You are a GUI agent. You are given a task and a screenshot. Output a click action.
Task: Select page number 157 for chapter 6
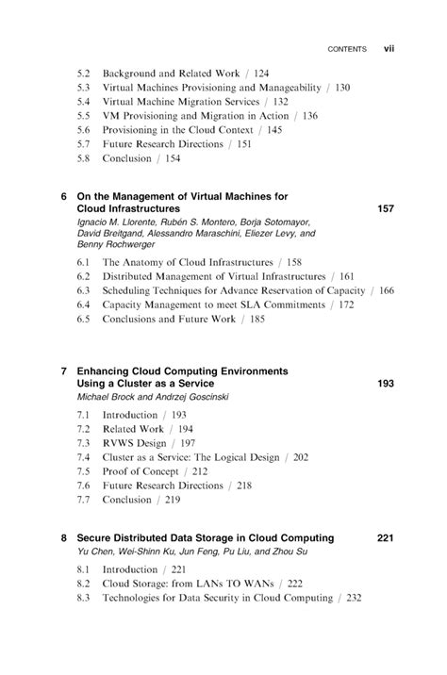(385, 208)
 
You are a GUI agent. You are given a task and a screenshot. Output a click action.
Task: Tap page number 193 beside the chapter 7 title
(385, 384)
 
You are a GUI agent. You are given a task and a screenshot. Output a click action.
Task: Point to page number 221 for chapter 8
(385, 538)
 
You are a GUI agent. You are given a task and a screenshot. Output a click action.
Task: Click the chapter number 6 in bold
(64, 196)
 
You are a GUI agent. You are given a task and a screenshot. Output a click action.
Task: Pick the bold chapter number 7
(64, 371)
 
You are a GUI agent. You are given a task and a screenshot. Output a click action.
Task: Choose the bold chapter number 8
(64, 538)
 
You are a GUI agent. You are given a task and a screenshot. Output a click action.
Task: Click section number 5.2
(83, 73)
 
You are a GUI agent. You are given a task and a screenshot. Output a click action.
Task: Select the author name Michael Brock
(105, 397)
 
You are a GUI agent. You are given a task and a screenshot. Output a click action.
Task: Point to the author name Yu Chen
(94, 552)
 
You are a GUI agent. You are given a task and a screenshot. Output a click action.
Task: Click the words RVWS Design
(134, 443)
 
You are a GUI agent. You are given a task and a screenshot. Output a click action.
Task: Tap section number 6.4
(83, 305)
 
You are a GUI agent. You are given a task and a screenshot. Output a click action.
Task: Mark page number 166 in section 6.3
(386, 290)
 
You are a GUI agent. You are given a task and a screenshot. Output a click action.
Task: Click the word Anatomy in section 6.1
(141, 262)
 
